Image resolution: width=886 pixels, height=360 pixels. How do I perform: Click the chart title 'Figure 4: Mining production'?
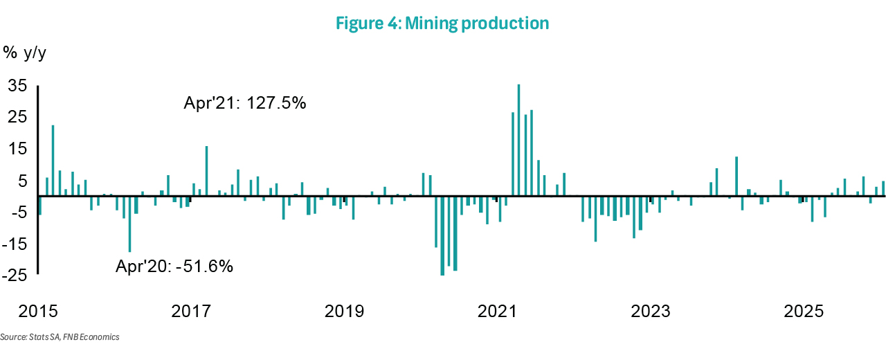click(442, 24)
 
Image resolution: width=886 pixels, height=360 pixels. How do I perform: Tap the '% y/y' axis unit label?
click(25, 53)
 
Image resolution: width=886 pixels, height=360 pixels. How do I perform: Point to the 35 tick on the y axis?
click(17, 85)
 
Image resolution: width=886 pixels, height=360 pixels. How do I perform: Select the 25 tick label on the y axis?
click(17, 117)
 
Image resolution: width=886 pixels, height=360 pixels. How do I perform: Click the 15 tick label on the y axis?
click(17, 149)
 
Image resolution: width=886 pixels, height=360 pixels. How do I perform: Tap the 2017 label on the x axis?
click(190, 311)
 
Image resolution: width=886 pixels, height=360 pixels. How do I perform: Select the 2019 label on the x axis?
click(344, 311)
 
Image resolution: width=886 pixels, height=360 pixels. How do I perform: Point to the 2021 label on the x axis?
click(498, 311)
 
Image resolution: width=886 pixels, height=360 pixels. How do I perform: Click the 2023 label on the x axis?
click(651, 311)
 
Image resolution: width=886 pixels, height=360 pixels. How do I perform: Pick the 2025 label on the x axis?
click(804, 311)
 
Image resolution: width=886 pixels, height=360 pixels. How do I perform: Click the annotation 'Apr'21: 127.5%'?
click(244, 104)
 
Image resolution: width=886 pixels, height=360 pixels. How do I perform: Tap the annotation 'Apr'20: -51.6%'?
click(174, 266)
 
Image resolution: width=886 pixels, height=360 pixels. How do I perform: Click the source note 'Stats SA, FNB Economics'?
click(60, 337)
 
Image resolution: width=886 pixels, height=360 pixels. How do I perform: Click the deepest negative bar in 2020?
click(442, 235)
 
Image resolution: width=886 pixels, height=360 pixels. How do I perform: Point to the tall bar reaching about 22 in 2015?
click(53, 160)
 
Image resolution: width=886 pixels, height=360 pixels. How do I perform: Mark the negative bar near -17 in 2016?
click(129, 224)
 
